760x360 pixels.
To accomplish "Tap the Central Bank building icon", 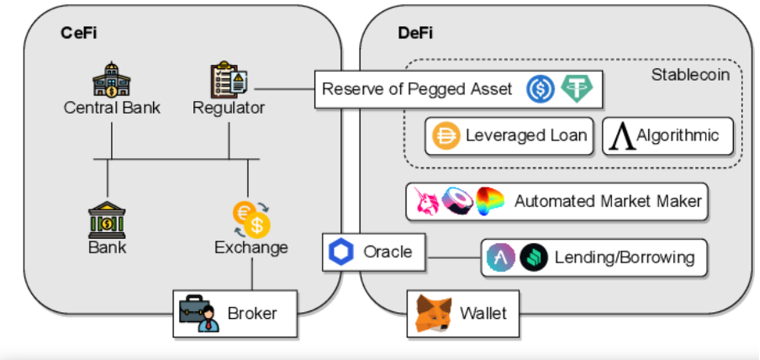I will coord(112,79).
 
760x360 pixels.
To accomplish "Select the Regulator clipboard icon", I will coord(229,79).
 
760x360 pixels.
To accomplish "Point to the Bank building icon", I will coord(107,220).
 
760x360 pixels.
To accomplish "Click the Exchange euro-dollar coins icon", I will coord(250,219).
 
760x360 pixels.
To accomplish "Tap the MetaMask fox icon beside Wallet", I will coord(433,314).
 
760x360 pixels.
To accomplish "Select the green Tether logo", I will coord(576,89).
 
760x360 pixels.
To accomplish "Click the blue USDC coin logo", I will coord(542,89).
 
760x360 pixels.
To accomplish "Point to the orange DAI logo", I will coord(446,136).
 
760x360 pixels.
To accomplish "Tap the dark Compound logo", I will coord(533,257).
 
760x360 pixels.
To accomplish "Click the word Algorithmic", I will coord(678,135).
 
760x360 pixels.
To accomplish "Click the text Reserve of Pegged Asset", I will coord(417,89).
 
